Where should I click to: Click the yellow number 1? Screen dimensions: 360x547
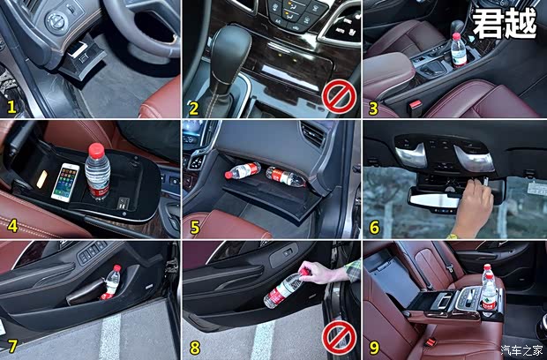point(12,108)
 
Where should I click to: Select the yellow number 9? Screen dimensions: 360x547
point(374,347)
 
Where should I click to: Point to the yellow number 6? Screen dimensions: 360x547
point(374,228)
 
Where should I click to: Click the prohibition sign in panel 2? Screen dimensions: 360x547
point(337,94)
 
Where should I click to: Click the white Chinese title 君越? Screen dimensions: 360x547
point(505,23)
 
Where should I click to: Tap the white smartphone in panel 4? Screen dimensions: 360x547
point(65,182)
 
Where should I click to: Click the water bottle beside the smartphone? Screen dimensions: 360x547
point(96,173)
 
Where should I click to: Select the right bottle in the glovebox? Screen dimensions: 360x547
point(286,176)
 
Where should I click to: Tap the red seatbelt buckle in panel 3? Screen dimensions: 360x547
point(414,105)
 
